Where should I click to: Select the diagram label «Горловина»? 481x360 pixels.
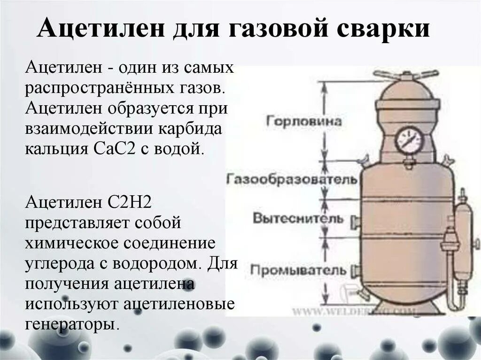pyautogui.click(x=304, y=121)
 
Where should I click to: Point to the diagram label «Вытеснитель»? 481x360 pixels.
pyautogui.click(x=298, y=218)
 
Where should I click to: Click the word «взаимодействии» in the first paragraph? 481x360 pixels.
pyautogui.click(x=87, y=128)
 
